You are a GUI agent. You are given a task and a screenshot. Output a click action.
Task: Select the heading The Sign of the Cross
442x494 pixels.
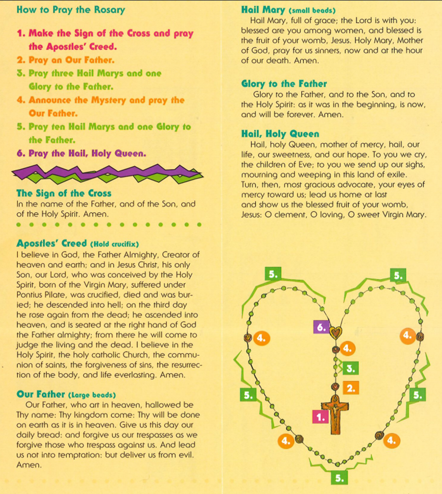click(64, 194)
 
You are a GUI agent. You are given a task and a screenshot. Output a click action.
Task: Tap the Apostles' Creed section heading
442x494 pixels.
click(52, 244)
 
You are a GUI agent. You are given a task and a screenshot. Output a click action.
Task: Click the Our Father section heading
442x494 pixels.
click(41, 394)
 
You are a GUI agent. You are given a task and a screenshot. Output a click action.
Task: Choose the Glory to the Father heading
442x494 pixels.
click(284, 84)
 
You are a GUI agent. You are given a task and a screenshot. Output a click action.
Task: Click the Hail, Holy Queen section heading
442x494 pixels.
click(280, 134)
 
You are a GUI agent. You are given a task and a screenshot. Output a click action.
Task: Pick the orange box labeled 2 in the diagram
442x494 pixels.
click(350, 388)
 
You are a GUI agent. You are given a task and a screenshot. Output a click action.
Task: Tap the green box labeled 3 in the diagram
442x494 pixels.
click(350, 368)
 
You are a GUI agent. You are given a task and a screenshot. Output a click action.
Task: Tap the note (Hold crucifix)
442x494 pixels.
click(114, 244)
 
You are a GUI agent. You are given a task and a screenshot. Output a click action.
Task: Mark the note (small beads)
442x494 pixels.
click(312, 10)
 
